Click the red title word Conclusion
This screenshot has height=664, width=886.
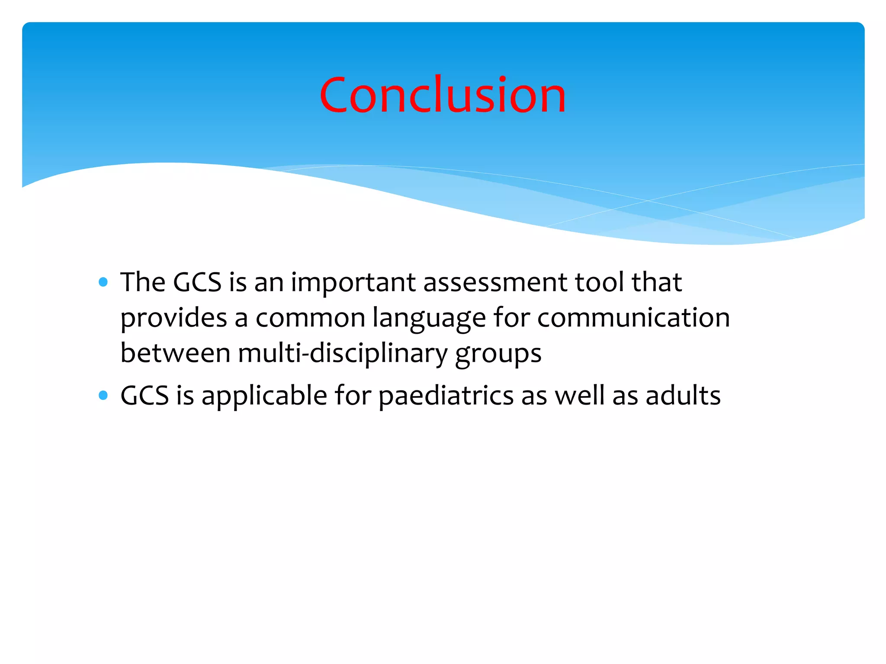coord(443,95)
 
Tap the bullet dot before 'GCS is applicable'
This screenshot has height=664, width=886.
coord(103,395)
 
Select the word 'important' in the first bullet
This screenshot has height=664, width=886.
coord(353,283)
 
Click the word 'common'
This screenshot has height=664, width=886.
coord(310,318)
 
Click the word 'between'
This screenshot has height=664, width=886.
coord(175,353)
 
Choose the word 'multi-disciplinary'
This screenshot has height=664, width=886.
coord(342,354)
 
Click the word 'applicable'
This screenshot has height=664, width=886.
coord(264,396)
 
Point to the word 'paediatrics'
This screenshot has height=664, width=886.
coord(446,396)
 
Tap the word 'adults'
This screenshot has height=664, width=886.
coord(683,396)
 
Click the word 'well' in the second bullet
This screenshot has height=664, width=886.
coord(579,396)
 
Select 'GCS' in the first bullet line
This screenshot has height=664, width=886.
coord(197,283)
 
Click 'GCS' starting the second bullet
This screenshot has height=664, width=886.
coord(144,396)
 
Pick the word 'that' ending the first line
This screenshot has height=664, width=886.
coord(656,282)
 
